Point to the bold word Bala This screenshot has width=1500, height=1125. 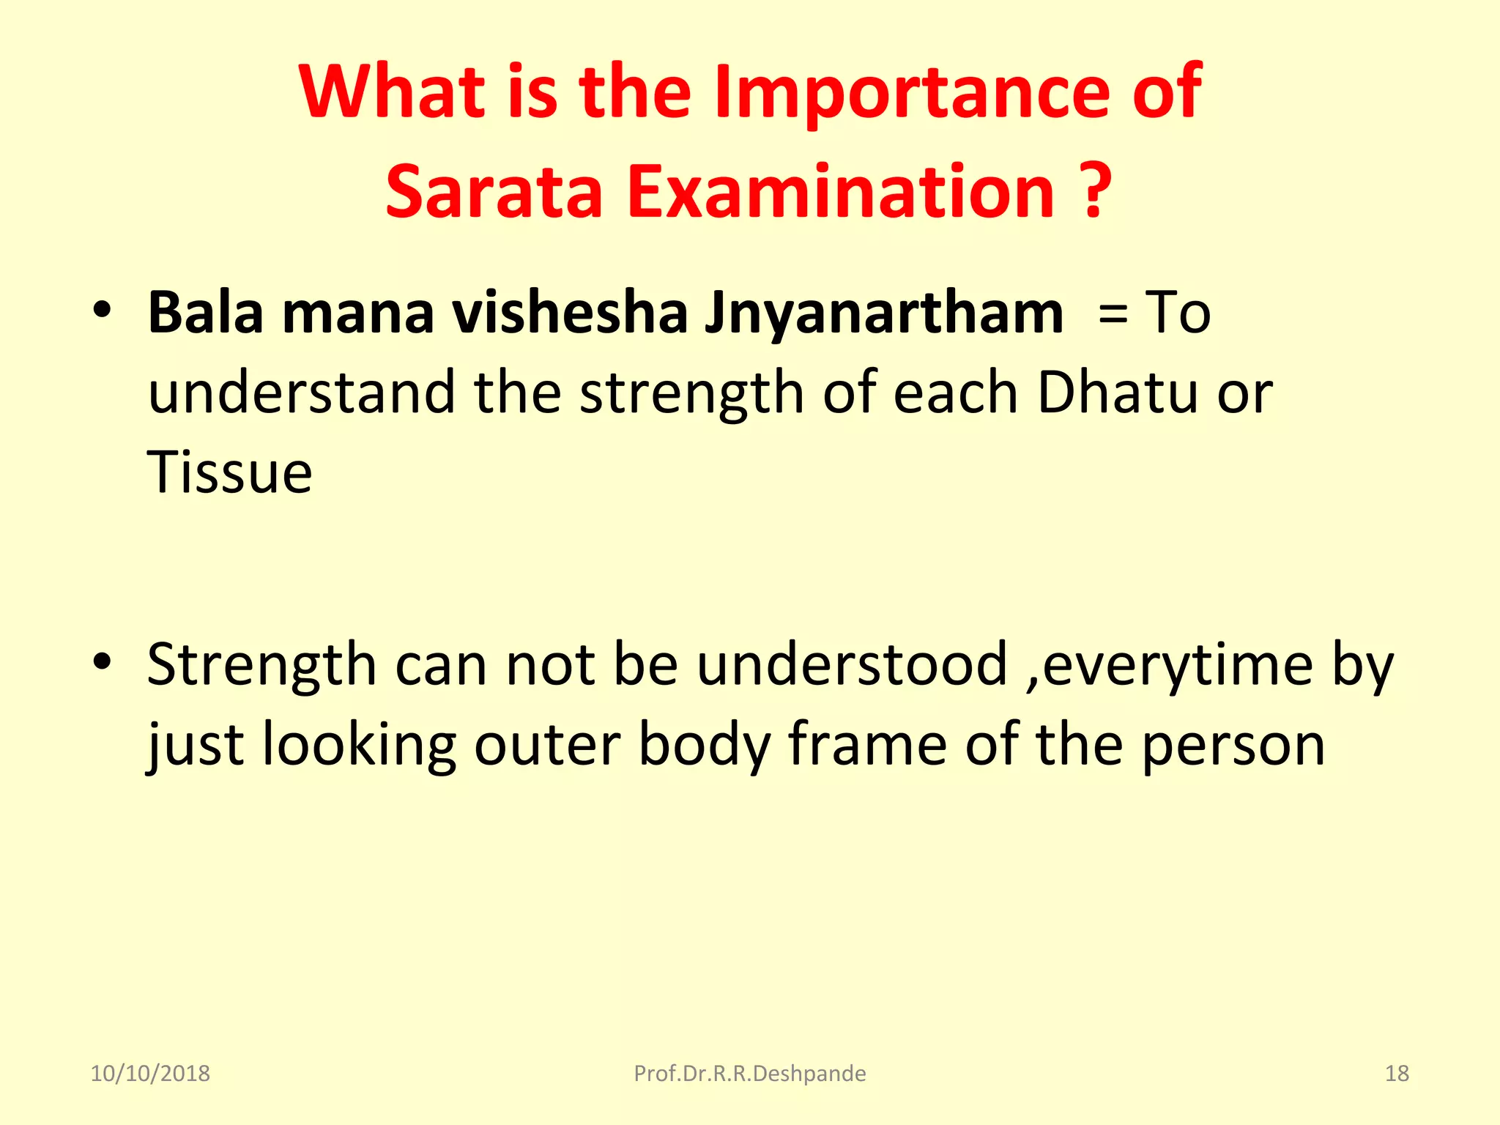click(205, 313)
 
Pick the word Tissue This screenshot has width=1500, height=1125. click(229, 472)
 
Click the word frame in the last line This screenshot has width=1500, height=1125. click(868, 745)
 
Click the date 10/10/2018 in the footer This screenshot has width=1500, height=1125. click(150, 1074)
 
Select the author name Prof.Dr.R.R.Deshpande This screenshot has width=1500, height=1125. click(749, 1074)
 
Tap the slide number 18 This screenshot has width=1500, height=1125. click(1397, 1074)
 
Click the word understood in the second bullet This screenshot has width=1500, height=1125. click(852, 665)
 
